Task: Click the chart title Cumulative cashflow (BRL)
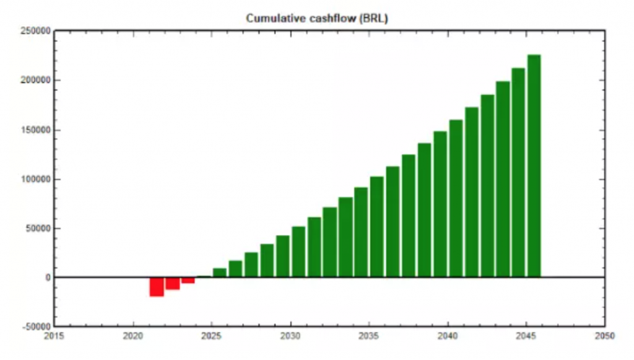tap(317, 18)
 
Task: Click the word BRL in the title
tap(373, 18)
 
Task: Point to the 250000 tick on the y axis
tap(35, 32)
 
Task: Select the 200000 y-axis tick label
tap(35, 81)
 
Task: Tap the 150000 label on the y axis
tap(35, 130)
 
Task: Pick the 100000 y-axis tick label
tap(35, 180)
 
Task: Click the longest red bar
tap(157, 286)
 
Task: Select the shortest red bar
tap(188, 280)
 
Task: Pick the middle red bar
tap(173, 283)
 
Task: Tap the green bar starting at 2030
tap(298, 252)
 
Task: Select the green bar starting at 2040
tap(456, 198)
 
